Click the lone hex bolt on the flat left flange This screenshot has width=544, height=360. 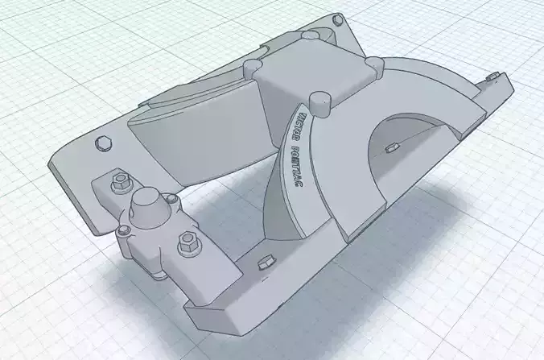[x=103, y=143]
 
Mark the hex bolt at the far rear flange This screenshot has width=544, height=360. [x=309, y=36]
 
